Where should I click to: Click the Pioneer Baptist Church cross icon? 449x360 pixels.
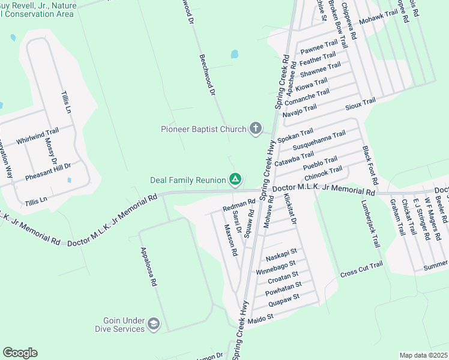click(x=256, y=128)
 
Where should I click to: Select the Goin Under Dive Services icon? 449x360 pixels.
click(x=154, y=325)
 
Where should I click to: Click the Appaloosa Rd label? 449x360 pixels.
click(x=148, y=266)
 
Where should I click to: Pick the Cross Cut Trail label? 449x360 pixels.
click(x=361, y=270)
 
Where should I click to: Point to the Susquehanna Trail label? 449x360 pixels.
click(x=319, y=140)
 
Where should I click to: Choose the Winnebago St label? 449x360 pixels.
click(x=276, y=267)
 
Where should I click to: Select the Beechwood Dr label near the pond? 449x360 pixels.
click(x=206, y=74)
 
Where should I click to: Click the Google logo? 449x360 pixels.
click(x=20, y=353)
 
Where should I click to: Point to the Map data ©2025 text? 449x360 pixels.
click(x=423, y=355)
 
